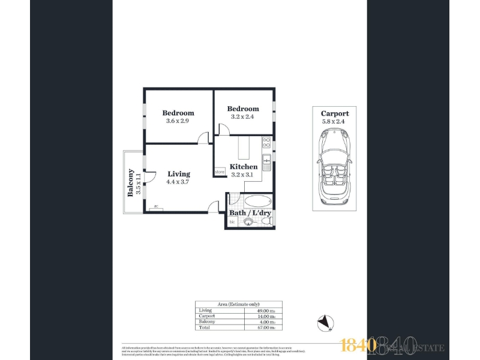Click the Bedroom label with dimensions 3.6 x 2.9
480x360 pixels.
178,113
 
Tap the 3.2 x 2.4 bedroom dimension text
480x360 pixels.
243,116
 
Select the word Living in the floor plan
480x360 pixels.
179,174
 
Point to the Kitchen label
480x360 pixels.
244,167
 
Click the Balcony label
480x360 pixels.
130,182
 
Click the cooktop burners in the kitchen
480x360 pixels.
266,143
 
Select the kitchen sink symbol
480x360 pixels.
266,160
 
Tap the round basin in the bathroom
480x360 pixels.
248,223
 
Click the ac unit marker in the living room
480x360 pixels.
156,207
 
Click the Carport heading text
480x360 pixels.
334,113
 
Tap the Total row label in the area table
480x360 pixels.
205,328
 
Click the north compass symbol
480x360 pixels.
325,323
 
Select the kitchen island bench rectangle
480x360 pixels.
244,147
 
